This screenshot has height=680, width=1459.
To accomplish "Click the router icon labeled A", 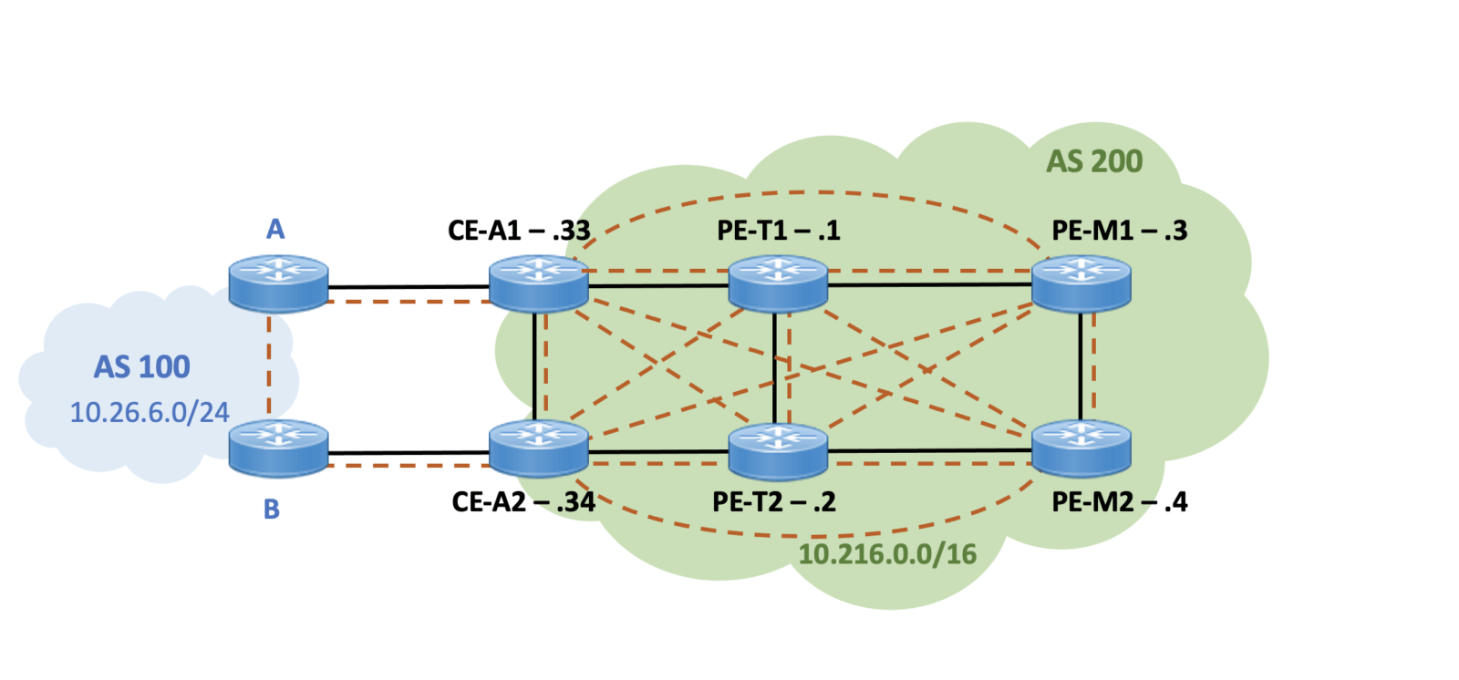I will click(278, 283).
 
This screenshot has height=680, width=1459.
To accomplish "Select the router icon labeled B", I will click(278, 448).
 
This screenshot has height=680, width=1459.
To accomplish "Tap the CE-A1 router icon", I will click(538, 283).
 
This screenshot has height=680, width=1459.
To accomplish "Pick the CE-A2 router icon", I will click(538, 448).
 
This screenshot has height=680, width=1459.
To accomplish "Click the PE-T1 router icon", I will click(778, 283).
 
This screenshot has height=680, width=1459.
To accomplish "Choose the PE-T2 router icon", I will click(778, 450).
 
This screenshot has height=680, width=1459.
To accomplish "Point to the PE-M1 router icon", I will click(1081, 283).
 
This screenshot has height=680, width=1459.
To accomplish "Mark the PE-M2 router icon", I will click(1081, 448).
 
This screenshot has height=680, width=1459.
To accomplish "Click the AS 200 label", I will click(1093, 161).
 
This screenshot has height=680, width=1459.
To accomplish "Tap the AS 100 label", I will click(141, 366).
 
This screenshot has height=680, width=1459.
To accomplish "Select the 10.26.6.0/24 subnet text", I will click(150, 412).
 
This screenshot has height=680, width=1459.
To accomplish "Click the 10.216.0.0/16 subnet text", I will click(887, 553).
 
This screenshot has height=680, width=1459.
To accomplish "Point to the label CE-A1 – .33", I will click(518, 230).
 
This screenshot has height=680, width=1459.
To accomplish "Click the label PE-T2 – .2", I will click(773, 501).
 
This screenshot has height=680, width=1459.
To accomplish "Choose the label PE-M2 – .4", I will click(1119, 501).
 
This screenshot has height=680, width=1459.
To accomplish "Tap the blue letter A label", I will click(275, 229).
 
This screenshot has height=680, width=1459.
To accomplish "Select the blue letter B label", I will click(272, 509).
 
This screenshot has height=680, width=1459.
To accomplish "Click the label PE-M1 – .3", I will click(1119, 230).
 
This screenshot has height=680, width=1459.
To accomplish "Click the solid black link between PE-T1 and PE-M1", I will click(930, 284).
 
